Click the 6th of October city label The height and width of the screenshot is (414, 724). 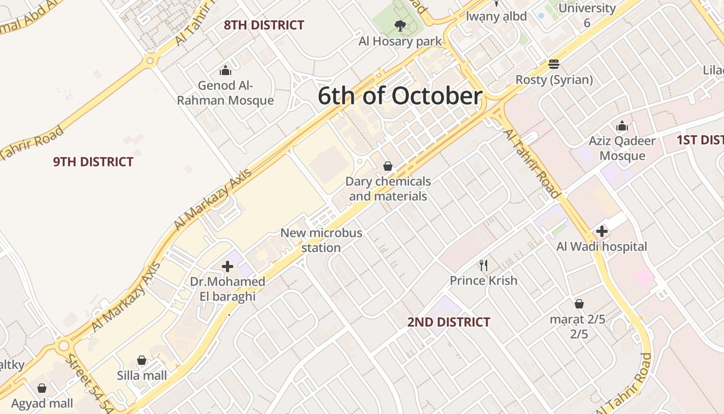(x=400, y=96)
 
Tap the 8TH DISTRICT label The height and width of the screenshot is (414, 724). (x=264, y=25)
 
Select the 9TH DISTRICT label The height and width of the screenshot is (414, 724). (x=93, y=162)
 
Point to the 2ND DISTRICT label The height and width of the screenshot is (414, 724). (x=448, y=322)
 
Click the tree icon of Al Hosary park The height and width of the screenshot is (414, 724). (x=400, y=25)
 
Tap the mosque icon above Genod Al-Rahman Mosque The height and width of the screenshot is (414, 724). (x=225, y=70)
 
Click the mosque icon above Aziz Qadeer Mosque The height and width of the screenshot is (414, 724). (x=622, y=126)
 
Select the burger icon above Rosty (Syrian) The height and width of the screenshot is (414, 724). (x=554, y=64)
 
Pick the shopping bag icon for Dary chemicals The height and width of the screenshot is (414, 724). (x=388, y=166)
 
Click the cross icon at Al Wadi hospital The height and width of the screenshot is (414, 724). (x=601, y=231)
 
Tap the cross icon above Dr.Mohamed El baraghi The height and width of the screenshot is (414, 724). (x=228, y=267)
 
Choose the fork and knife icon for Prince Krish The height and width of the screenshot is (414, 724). (x=484, y=265)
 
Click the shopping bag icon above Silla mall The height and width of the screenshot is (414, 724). (x=142, y=360)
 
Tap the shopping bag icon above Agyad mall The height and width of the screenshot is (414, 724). (x=42, y=388)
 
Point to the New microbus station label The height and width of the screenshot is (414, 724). (x=321, y=240)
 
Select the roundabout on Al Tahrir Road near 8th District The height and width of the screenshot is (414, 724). (x=150, y=61)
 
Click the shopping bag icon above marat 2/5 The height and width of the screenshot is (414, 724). (x=579, y=304)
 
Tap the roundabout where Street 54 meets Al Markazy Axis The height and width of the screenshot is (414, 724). (x=64, y=345)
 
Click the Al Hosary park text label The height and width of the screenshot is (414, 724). (x=400, y=41)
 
